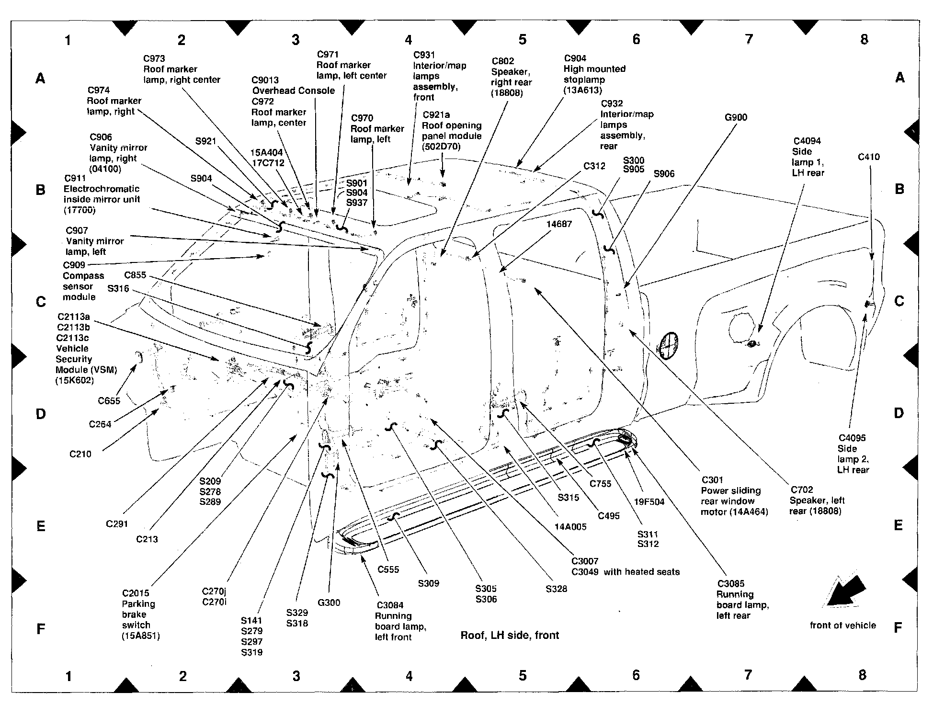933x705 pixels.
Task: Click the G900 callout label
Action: pyautogui.click(x=736, y=117)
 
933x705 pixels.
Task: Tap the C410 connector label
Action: pyautogui.click(x=869, y=157)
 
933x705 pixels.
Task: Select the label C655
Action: pyautogui.click(x=109, y=401)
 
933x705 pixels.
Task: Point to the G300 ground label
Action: pyautogui.click(x=329, y=603)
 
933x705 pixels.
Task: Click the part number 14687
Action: pyautogui.click(x=559, y=224)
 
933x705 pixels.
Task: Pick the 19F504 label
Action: pyautogui.click(x=649, y=502)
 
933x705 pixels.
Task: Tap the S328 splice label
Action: pyautogui.click(x=556, y=589)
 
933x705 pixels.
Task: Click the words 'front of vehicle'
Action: pyautogui.click(x=842, y=625)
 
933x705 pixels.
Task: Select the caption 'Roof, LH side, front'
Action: pyautogui.click(x=510, y=635)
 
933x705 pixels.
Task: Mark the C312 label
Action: pyautogui.click(x=594, y=166)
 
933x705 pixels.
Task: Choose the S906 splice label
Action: pyautogui.click(x=664, y=173)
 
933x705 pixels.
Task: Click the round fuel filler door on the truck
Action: pyautogui.click(x=669, y=345)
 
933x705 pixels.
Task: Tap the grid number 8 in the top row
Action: pyautogui.click(x=864, y=40)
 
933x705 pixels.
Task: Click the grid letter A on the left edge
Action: pyautogui.click(x=41, y=78)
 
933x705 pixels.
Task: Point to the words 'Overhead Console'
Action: pyautogui.click(x=293, y=91)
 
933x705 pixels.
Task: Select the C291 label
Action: pyautogui.click(x=117, y=524)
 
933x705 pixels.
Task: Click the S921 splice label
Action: pyautogui.click(x=205, y=141)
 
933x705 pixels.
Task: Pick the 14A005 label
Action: pyautogui.click(x=570, y=526)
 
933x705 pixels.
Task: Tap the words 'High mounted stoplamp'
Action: pyautogui.click(x=594, y=74)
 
